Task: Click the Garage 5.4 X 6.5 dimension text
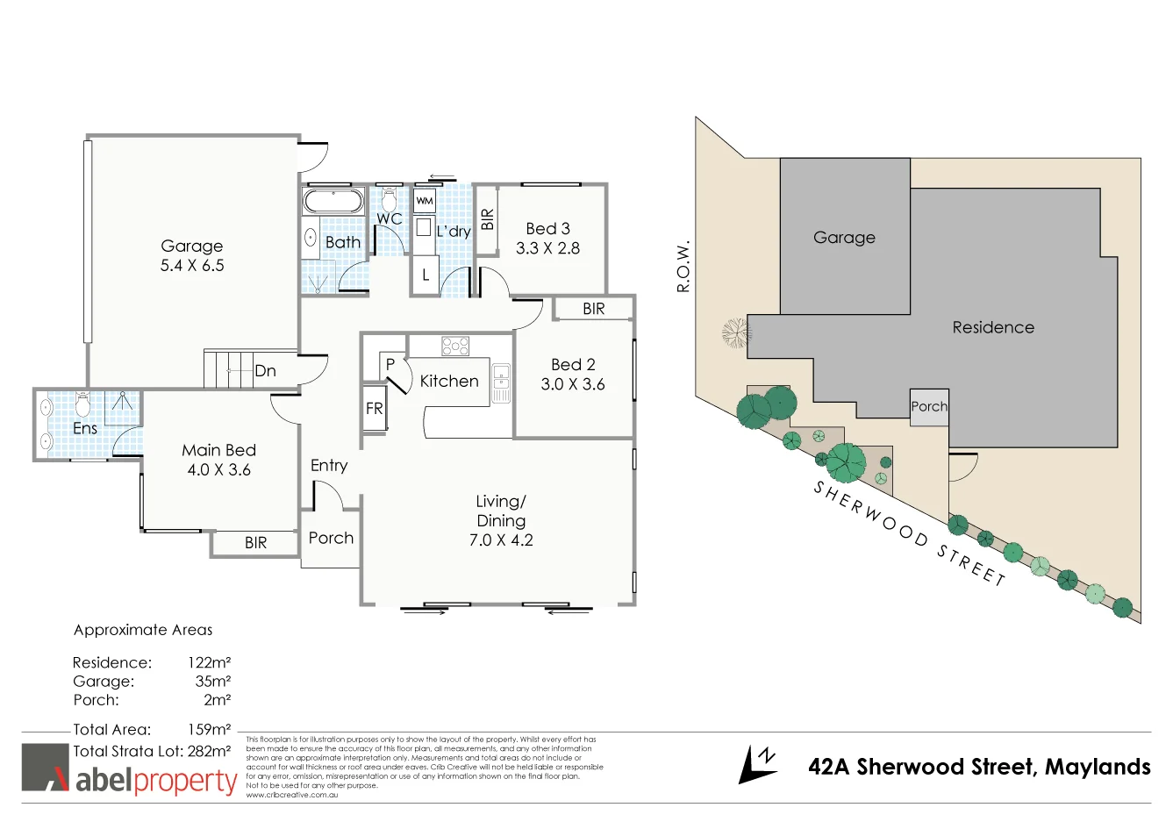pos(192,266)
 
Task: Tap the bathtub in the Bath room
pos(333,201)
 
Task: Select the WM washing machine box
pos(425,201)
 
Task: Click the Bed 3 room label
pos(547,228)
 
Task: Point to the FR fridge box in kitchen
pos(375,409)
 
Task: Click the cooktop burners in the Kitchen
pos(455,346)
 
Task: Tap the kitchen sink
pos(501,383)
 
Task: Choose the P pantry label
pos(390,364)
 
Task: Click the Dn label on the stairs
pos(265,371)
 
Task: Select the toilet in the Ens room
pos(83,404)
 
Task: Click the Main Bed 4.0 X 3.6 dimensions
pos(218,470)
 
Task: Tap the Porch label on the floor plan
pos(331,538)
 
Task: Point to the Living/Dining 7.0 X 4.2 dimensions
pos(501,540)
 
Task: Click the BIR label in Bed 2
pos(594,309)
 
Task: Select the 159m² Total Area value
pos(209,729)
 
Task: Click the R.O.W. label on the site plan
pos(684,266)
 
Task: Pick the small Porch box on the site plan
pos(929,407)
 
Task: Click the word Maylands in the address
pos(1098,767)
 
